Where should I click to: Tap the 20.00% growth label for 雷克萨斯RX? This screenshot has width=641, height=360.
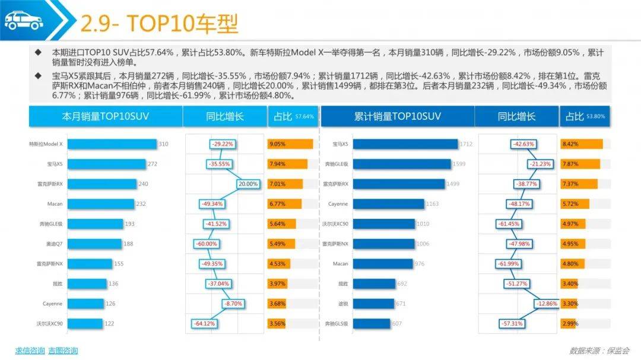tap(248, 184)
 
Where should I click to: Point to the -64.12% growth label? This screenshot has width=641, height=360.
tap(204, 324)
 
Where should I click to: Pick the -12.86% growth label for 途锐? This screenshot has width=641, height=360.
tap(547, 304)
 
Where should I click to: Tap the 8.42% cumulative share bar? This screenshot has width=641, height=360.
tap(581, 144)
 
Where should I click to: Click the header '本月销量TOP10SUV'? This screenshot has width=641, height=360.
tap(106, 117)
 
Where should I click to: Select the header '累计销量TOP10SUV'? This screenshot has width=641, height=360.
tap(397, 117)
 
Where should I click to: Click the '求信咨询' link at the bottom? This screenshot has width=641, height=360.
tap(30, 351)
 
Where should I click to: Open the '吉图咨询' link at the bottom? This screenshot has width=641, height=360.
tap(63, 351)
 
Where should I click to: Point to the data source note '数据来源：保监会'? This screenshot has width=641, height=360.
tap(599, 351)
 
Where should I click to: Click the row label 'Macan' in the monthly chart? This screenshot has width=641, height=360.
tap(55, 204)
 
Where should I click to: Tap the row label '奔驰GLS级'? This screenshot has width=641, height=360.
tap(337, 324)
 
